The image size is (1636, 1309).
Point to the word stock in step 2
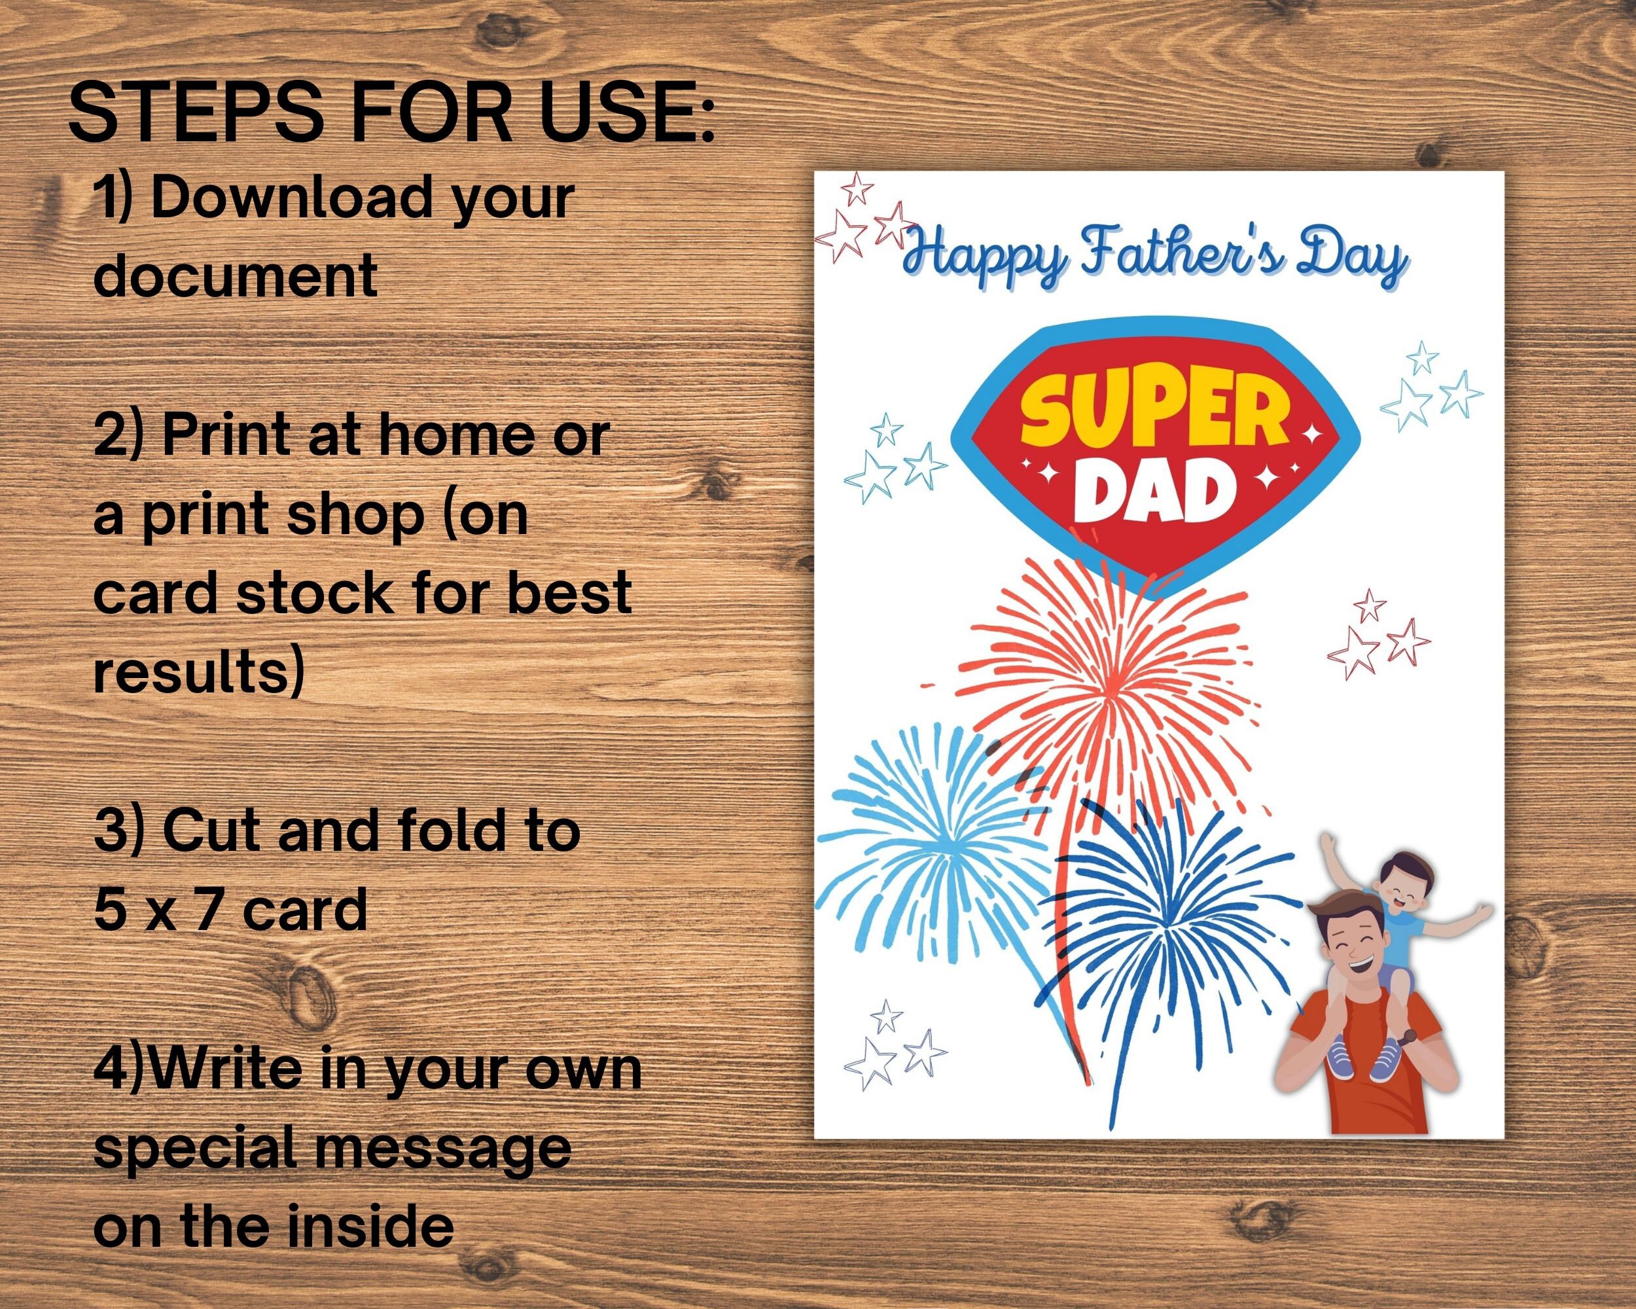315,593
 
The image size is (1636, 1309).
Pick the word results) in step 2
199,672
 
